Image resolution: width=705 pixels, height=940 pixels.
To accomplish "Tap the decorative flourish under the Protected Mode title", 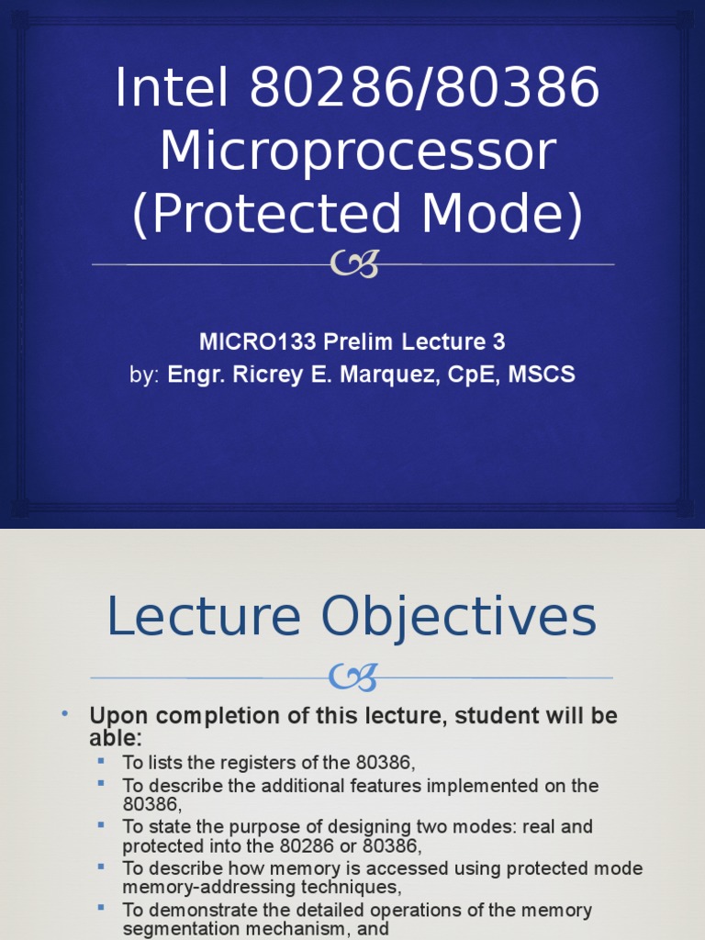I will click(353, 265).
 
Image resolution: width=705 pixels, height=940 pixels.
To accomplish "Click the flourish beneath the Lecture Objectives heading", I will click(353, 678).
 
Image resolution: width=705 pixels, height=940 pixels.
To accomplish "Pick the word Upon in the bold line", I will click(113, 716).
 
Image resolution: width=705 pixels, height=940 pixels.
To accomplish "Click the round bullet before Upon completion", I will click(65, 714).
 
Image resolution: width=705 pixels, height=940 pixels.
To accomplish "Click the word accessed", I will click(360, 868).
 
